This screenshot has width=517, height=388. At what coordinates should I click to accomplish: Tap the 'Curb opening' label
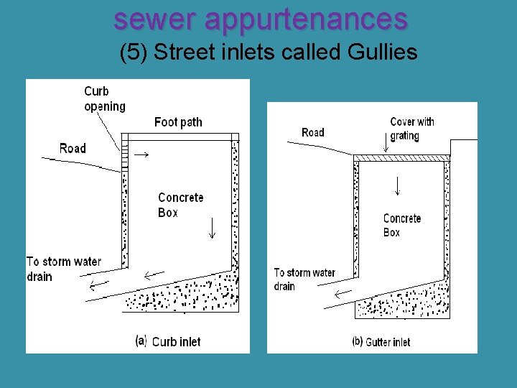click(x=104, y=98)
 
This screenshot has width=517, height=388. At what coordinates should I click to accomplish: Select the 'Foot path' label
click(x=178, y=122)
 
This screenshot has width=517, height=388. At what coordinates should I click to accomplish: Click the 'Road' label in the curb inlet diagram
click(x=73, y=148)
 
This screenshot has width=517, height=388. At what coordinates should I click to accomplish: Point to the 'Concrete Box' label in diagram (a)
click(x=180, y=205)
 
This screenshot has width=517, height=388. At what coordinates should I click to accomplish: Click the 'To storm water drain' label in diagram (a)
click(x=63, y=269)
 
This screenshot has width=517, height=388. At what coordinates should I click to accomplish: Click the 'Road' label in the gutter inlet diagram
click(x=313, y=132)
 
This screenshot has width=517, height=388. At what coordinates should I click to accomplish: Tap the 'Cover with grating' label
click(x=411, y=129)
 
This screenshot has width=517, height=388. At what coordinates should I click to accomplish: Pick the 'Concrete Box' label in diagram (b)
click(x=401, y=225)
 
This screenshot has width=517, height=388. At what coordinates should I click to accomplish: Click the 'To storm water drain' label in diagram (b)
click(x=304, y=279)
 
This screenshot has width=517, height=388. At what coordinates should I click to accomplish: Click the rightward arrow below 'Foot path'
click(x=142, y=154)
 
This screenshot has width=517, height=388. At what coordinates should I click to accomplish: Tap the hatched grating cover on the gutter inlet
click(x=401, y=157)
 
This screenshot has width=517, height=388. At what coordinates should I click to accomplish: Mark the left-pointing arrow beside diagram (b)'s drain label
click(x=343, y=293)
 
